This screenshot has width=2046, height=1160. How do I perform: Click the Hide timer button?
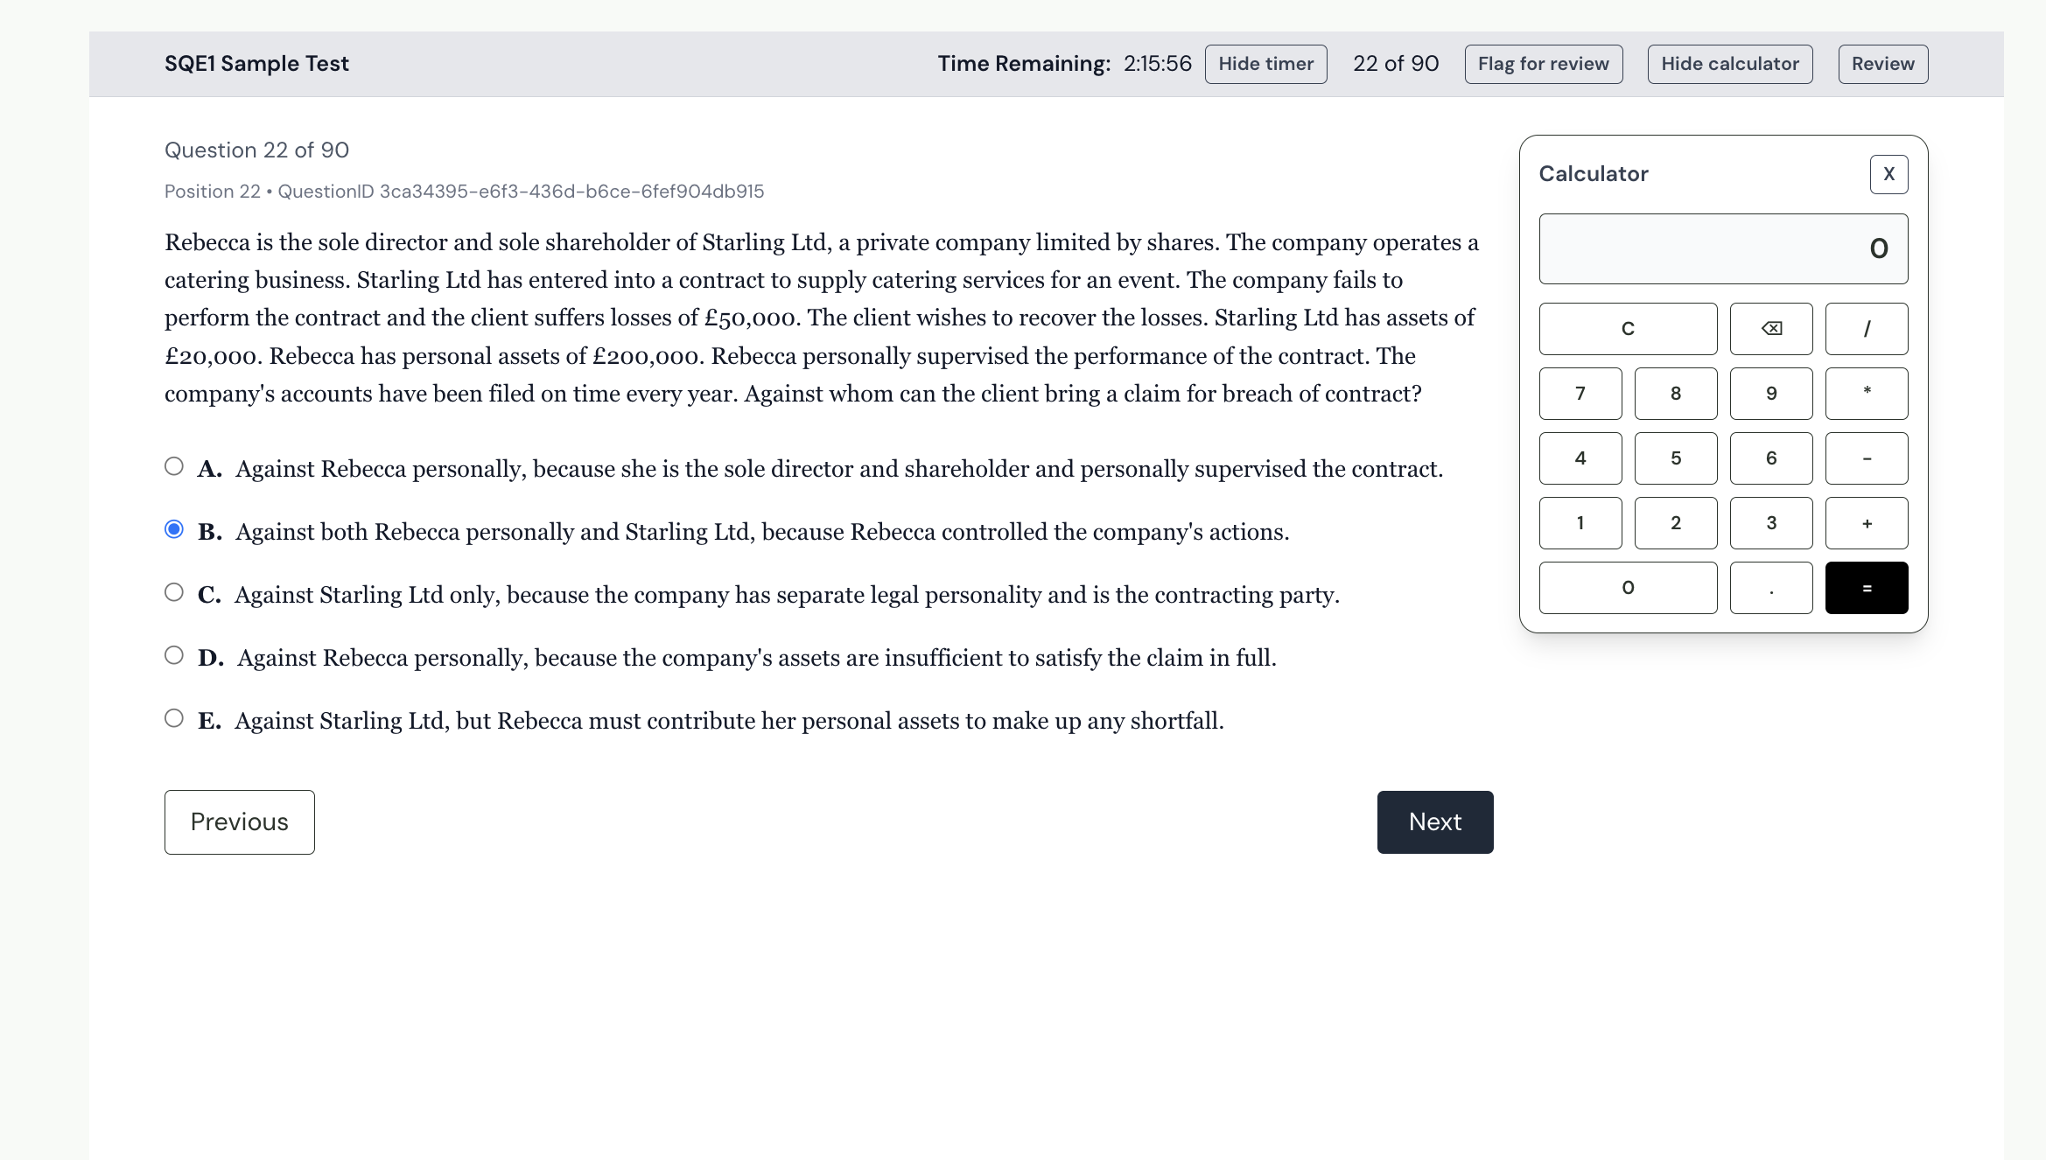(1265, 64)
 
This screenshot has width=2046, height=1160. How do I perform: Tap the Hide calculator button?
(1729, 64)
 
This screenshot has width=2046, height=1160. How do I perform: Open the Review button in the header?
(1882, 64)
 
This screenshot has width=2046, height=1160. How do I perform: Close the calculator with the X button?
(1888, 174)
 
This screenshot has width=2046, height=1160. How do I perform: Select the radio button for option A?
(174, 466)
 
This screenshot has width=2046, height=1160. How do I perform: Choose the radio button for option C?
(174, 592)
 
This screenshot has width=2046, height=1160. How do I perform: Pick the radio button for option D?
(174, 655)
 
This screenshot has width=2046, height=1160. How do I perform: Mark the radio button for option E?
(174, 718)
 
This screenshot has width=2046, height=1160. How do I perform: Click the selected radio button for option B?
(174, 529)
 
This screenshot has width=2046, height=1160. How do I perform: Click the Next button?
(1434, 821)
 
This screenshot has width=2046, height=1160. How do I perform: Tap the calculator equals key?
(1866, 588)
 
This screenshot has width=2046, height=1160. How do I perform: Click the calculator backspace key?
(1770, 329)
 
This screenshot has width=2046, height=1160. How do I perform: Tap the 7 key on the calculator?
(1580, 394)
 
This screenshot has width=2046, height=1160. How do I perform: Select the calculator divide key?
(1866, 329)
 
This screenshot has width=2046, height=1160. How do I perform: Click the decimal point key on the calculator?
(1770, 588)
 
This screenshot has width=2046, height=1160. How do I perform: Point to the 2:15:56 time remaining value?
(1157, 64)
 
